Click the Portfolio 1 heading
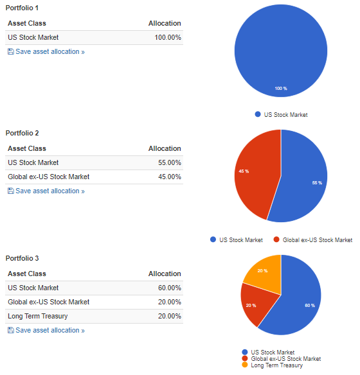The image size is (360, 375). pyautogui.click(x=22, y=8)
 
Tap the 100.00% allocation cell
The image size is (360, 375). pyautogui.click(x=168, y=37)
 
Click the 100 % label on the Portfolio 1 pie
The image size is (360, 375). pyautogui.click(x=281, y=89)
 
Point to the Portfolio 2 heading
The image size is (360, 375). pyautogui.click(x=22, y=133)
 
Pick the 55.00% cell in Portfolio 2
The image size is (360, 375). pyautogui.click(x=170, y=162)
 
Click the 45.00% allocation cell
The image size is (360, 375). pyautogui.click(x=170, y=177)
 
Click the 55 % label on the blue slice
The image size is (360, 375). pyautogui.click(x=317, y=183)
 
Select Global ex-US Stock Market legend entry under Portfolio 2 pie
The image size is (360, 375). pyautogui.click(x=313, y=240)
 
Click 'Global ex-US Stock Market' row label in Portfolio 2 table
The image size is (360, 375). pyautogui.click(x=49, y=177)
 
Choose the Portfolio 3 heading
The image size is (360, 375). pyautogui.click(x=22, y=258)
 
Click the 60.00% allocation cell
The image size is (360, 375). pyautogui.click(x=170, y=288)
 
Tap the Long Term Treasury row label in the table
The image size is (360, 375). pyautogui.click(x=38, y=316)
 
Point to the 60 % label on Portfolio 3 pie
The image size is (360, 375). pyautogui.click(x=310, y=306)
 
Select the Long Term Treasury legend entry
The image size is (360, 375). pyautogui.click(x=273, y=365)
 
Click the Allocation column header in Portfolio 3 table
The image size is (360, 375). pyautogui.click(x=165, y=274)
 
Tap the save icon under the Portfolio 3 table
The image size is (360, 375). pyautogui.click(x=11, y=330)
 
